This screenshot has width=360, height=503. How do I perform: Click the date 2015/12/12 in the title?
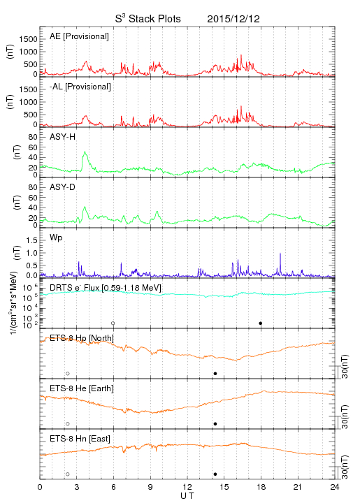pyautogui.click(x=233, y=19)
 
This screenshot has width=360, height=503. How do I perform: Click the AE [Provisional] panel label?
pyautogui.click(x=79, y=36)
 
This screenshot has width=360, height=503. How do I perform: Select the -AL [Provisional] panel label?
pyautogui.click(x=80, y=87)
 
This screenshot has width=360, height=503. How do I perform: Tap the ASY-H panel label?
pyautogui.click(x=63, y=137)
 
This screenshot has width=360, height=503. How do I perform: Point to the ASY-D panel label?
pyautogui.click(x=63, y=187)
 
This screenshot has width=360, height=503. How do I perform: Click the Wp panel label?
pyautogui.click(x=56, y=238)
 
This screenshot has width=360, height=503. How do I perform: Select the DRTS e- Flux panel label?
pyautogui.click(x=106, y=288)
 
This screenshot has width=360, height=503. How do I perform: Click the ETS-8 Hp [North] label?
pyautogui.click(x=82, y=338)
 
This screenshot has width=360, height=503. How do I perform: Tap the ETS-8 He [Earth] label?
pyautogui.click(x=82, y=388)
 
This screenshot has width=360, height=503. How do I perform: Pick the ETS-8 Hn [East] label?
pyautogui.click(x=80, y=439)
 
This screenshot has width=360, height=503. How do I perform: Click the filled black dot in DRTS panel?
pyautogui.click(x=261, y=323)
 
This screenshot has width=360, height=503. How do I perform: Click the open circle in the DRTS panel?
pyautogui.click(x=113, y=323)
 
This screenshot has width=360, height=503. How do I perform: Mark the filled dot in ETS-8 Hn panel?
pyautogui.click(x=215, y=474)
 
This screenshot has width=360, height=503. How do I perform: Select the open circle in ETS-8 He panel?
pyautogui.click(x=68, y=424)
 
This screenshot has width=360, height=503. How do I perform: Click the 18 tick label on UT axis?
pyautogui.click(x=261, y=487)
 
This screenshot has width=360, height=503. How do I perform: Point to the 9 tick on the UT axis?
pyautogui.click(x=150, y=487)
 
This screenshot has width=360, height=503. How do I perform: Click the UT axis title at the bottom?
pyautogui.click(x=187, y=496)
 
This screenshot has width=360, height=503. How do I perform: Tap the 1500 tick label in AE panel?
pyautogui.click(x=28, y=39)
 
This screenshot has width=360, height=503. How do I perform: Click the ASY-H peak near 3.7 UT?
pyautogui.click(x=85, y=152)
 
